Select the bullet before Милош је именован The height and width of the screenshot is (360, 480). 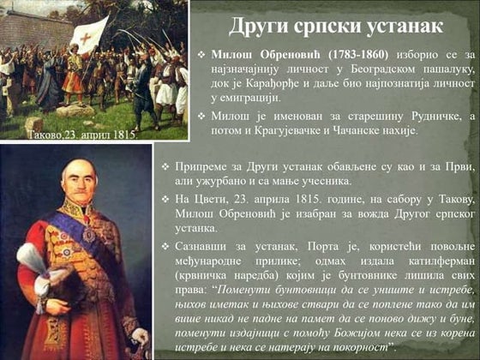[x=200, y=117]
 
